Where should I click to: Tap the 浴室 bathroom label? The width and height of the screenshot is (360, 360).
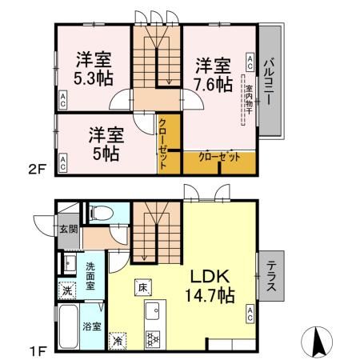[91, 326]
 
